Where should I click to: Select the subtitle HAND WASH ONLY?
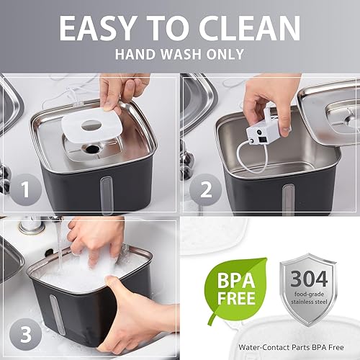[x=179, y=54]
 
